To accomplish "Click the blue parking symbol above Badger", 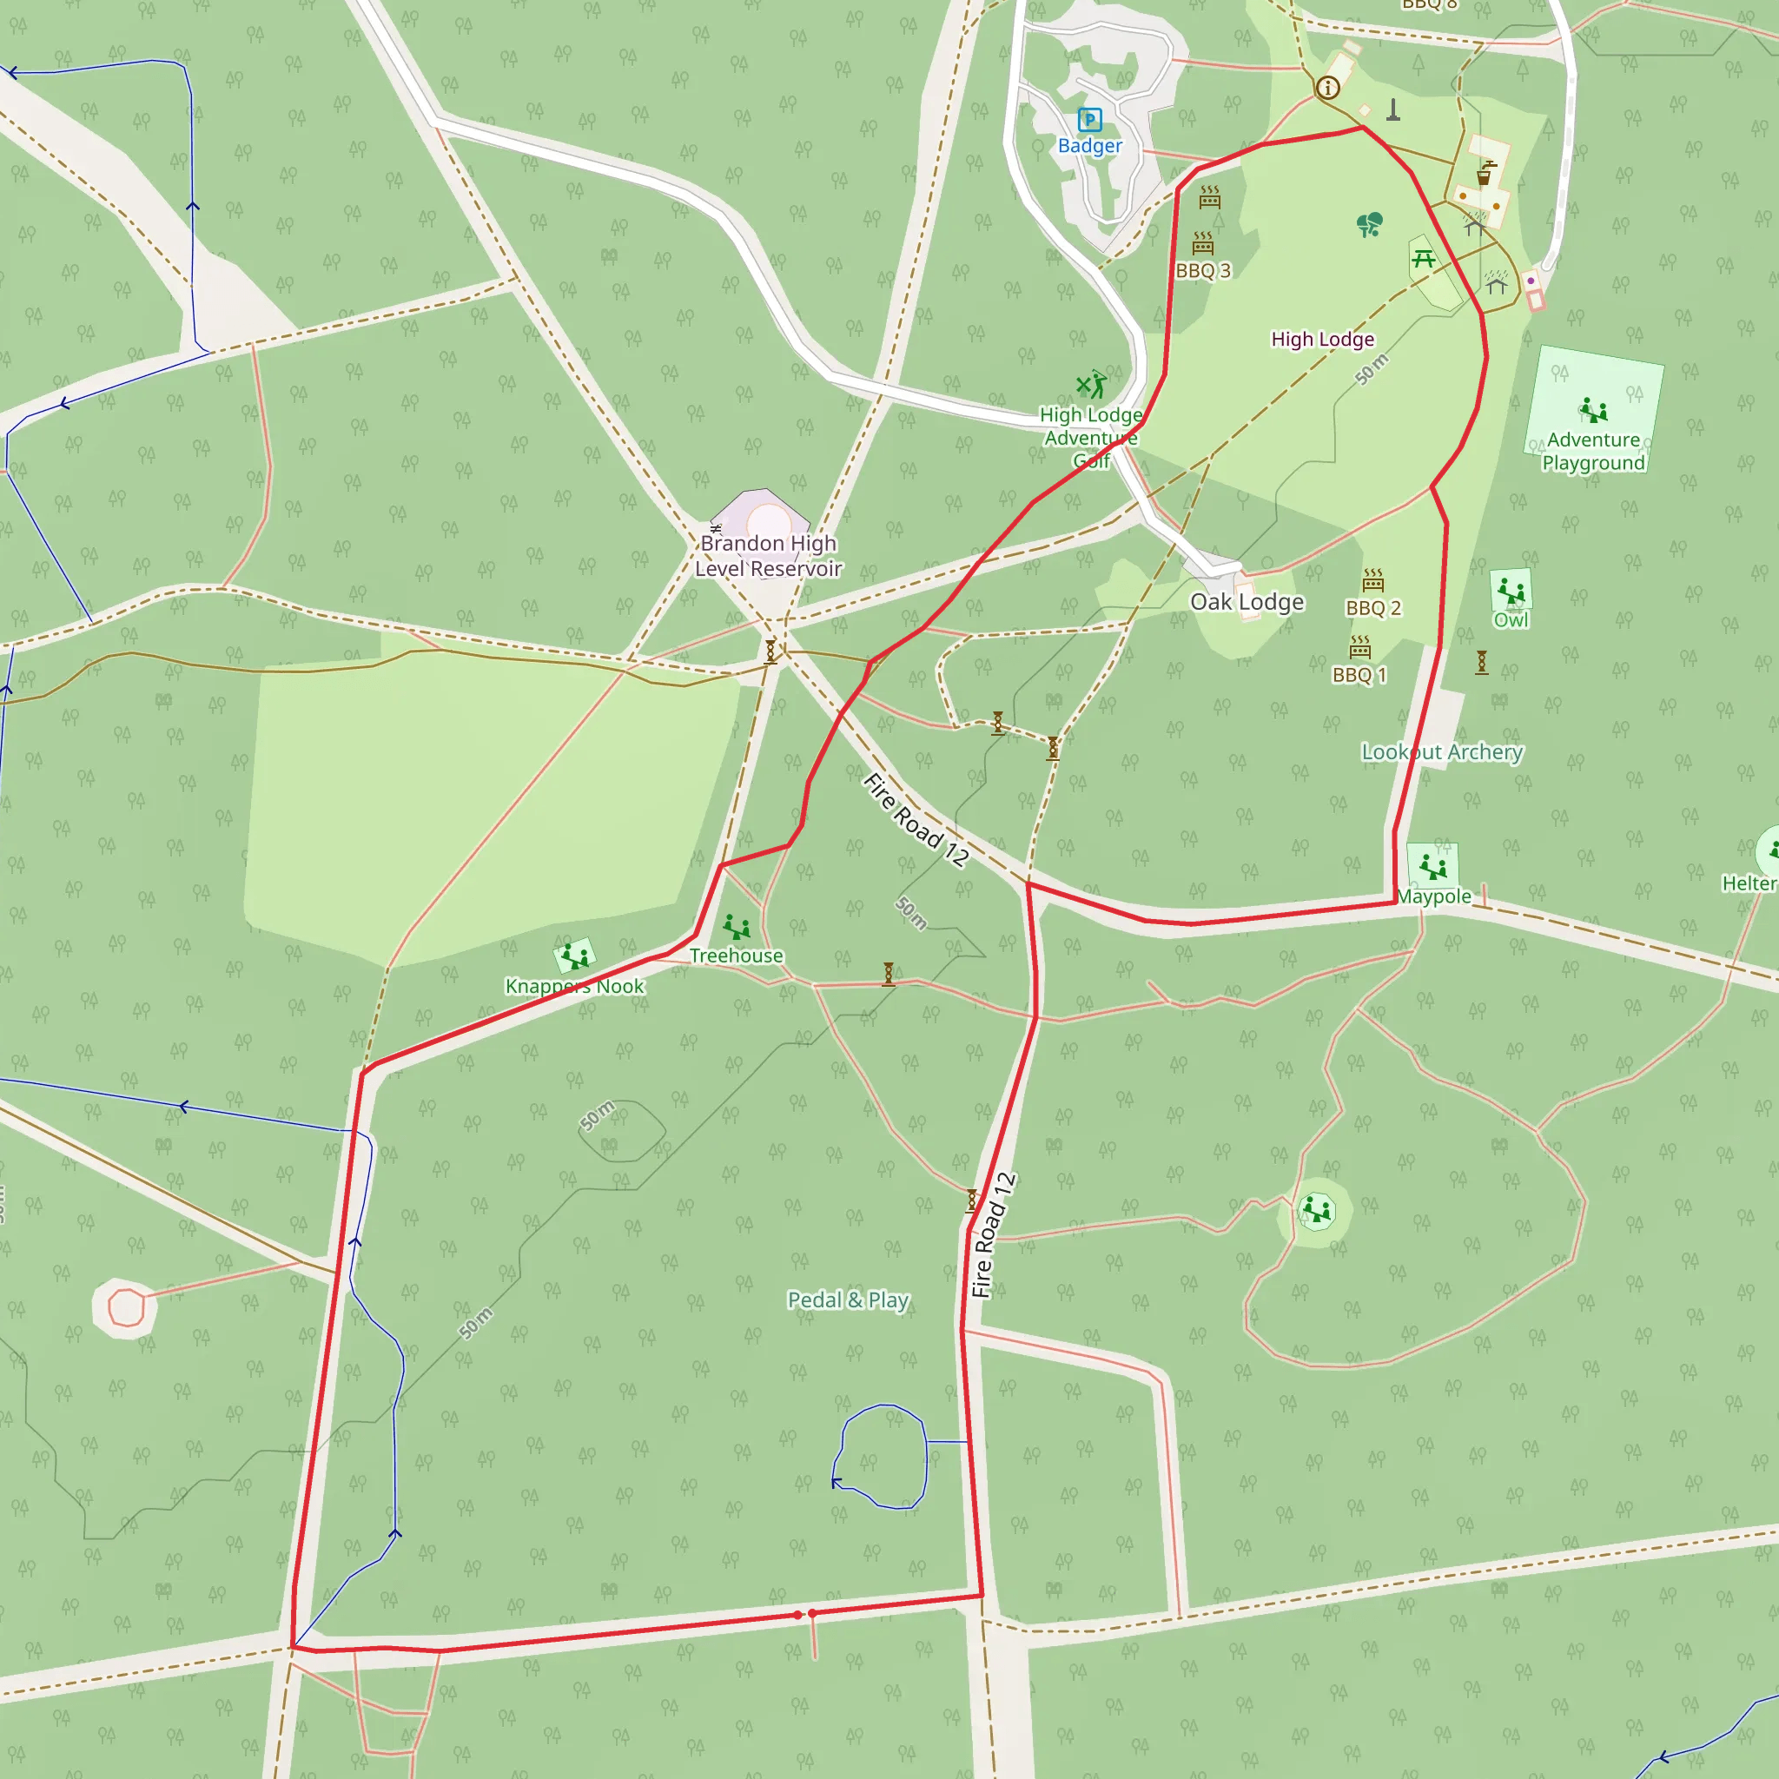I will pos(1089,120).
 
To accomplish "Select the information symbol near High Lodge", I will pos(1327,88).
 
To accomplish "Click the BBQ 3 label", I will pos(1202,271).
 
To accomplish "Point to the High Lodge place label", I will pos(1322,339).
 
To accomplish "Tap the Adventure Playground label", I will pos(1593,451).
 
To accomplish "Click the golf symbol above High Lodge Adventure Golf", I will pos(1091,384).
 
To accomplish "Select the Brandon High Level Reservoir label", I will pos(768,556).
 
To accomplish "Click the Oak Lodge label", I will pos(1247,601).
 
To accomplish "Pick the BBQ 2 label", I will pos(1373,608).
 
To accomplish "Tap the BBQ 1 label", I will pos(1359,675).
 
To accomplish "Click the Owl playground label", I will pos(1511,619).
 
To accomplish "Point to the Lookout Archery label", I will pos(1442,752).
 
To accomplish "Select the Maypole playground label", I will pos(1433,896).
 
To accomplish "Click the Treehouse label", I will pos(736,956).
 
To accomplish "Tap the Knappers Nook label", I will pos(574,986).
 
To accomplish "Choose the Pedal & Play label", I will pos(848,1300).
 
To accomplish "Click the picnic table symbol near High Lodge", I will pos(1424,259).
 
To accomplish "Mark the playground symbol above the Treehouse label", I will pos(737,926).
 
